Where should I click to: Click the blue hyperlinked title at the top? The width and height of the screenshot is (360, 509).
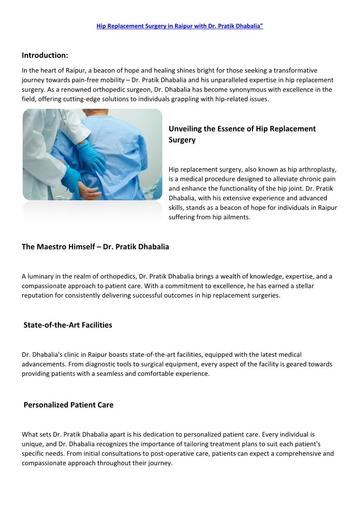180,26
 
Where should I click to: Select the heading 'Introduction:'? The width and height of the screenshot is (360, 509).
45,55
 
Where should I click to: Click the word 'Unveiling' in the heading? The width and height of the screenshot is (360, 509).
185,129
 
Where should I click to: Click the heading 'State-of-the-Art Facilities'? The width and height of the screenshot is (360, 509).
68,325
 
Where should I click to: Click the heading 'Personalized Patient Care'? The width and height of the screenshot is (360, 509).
68,405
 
